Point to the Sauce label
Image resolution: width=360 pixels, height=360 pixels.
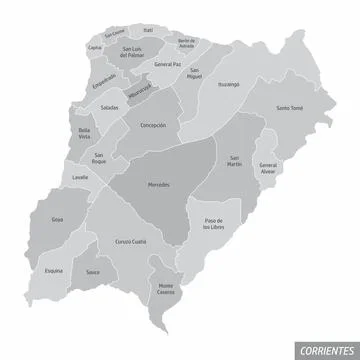click(x=93, y=272)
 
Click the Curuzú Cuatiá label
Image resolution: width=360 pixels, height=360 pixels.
click(x=130, y=241)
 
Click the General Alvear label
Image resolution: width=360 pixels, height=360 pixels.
click(x=267, y=166)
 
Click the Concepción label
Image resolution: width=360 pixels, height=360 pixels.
click(x=153, y=126)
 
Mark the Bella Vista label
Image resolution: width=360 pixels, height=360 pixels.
click(x=84, y=133)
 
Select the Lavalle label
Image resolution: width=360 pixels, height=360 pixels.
click(x=80, y=177)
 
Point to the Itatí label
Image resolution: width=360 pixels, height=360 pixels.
click(x=148, y=31)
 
